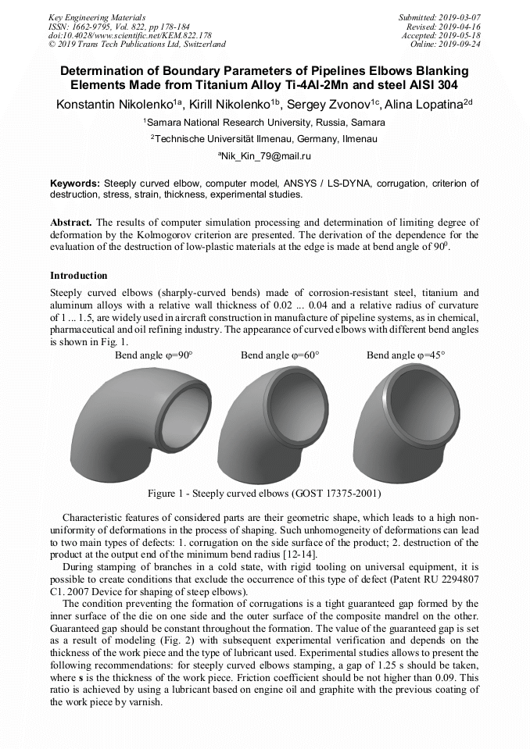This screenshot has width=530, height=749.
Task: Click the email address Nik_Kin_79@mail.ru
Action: [x=265, y=156]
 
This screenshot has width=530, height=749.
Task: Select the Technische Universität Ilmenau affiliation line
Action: [x=264, y=139]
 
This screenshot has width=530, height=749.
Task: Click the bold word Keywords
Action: [x=75, y=183]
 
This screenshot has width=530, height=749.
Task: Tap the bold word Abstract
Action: [x=71, y=223]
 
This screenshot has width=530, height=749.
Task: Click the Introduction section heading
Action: [x=79, y=276]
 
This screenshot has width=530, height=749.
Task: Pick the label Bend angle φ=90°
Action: [x=153, y=355]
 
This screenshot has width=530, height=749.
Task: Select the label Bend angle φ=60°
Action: [x=280, y=355]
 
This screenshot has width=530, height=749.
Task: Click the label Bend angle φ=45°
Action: [x=406, y=355]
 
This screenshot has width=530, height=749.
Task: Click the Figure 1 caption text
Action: [x=264, y=494]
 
